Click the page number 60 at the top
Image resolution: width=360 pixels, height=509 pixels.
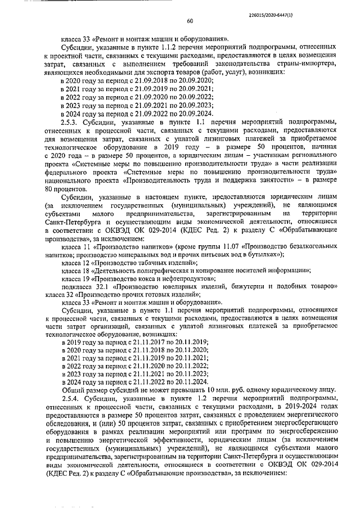point(190,21)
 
